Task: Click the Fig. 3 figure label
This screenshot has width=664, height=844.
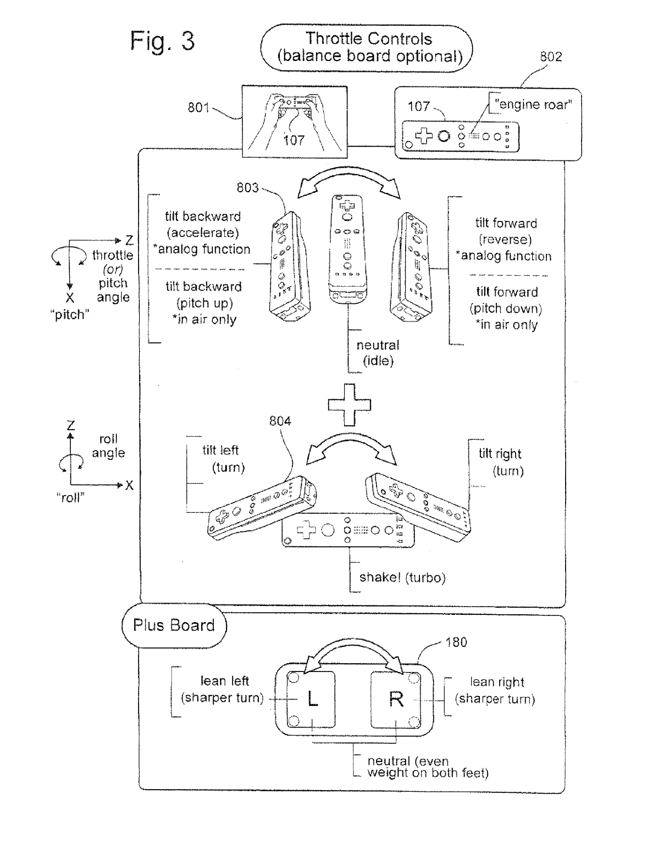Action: point(162,41)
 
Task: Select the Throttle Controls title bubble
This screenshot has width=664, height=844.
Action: point(368,48)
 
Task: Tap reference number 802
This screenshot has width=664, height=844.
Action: point(550,57)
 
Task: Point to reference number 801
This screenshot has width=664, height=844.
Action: point(198,108)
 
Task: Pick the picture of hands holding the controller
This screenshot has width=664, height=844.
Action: point(295,121)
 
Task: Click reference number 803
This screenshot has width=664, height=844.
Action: point(247,188)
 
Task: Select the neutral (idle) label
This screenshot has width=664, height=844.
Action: point(378,353)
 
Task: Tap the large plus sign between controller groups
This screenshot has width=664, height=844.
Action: point(350,405)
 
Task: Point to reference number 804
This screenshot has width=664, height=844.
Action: point(280,421)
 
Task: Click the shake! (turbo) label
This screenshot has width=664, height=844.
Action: point(402,578)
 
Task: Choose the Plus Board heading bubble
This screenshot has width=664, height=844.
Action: point(174,625)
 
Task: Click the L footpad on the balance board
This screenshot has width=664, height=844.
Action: point(311,699)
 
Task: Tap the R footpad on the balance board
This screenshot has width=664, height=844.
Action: point(396,699)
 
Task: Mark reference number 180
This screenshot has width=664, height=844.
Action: point(456,642)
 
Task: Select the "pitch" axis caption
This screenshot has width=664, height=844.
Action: point(70,315)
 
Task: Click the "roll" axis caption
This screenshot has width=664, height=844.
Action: point(70,498)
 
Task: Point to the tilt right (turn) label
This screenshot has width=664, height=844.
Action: point(501,462)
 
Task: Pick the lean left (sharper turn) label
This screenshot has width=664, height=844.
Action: point(223,690)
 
